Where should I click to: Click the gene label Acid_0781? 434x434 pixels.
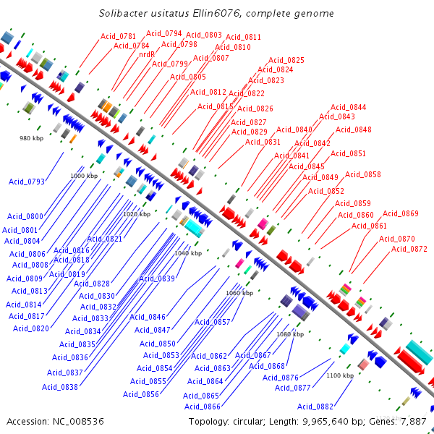(x=118, y=36)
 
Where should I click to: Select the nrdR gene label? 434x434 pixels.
(x=147, y=54)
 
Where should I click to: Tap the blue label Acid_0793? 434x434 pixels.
(x=26, y=182)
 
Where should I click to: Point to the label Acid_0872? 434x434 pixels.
(x=409, y=249)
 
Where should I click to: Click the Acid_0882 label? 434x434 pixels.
(x=315, y=407)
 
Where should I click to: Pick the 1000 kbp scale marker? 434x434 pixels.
(x=83, y=176)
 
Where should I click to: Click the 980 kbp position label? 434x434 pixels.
(x=31, y=137)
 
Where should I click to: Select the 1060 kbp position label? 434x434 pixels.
(x=239, y=293)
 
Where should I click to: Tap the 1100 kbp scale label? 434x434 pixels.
(x=339, y=375)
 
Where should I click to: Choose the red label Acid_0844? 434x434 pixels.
(x=349, y=107)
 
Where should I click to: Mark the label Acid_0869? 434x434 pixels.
(x=401, y=213)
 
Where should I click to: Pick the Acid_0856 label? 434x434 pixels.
(x=141, y=394)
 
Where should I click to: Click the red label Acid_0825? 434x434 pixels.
(x=286, y=60)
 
